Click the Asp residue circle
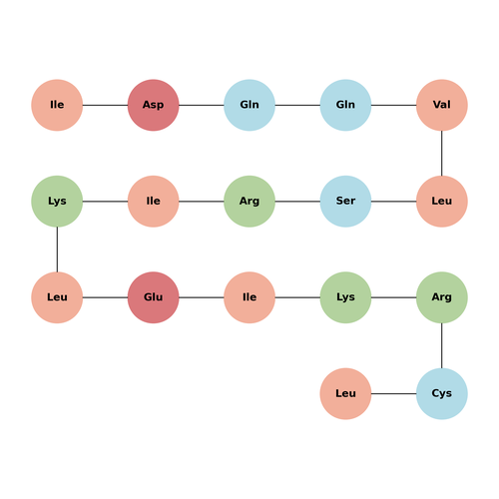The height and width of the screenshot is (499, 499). [154, 105]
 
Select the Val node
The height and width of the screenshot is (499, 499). [442, 105]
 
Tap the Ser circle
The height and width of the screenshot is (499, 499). [345, 202]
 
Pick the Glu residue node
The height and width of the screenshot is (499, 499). [154, 297]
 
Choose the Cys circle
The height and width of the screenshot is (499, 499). [442, 393]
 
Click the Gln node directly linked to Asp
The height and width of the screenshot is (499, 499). [249, 105]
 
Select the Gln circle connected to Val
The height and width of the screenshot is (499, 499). [345, 105]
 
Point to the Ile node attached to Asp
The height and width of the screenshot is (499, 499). [57, 105]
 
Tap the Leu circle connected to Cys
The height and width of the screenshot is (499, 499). [345, 393]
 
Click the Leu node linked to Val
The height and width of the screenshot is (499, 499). [442, 202]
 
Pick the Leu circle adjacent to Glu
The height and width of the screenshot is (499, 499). [57, 297]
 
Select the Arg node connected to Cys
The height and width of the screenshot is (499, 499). [442, 297]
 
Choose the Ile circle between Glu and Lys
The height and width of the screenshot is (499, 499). [249, 297]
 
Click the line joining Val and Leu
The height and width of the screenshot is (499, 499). [442, 153]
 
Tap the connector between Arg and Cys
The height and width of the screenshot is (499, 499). [442, 345]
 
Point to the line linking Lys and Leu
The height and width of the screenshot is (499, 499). [57, 249]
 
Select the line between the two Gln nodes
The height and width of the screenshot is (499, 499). [297, 105]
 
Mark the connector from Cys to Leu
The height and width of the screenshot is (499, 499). [393, 393]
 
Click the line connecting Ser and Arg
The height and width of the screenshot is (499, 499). [297, 202]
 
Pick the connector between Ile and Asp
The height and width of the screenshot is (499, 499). [105, 105]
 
